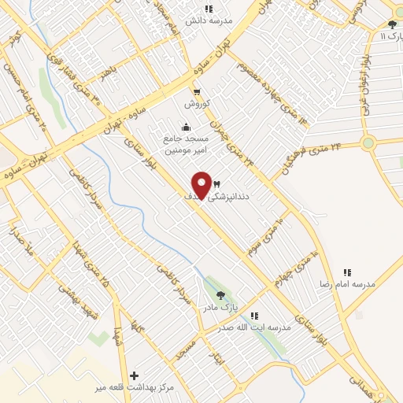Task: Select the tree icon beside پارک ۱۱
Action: click(x=392, y=24)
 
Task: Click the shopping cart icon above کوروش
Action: click(x=195, y=91)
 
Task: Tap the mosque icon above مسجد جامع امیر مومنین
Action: click(x=185, y=127)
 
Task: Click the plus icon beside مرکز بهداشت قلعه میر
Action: click(x=135, y=376)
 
